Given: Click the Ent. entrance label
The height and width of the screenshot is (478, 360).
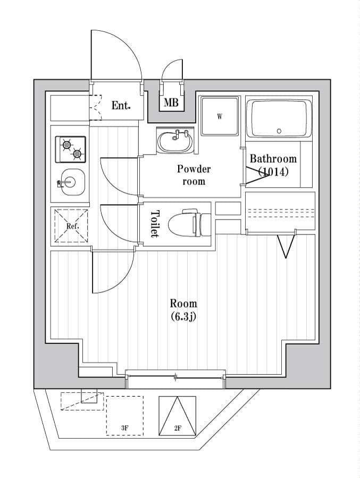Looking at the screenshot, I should (x=121, y=105).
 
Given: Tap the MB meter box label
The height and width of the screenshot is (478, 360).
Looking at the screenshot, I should (x=171, y=103).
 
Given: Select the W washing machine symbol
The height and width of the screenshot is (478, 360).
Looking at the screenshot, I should (x=219, y=116).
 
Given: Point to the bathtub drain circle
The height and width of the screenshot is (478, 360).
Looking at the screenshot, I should (x=279, y=131).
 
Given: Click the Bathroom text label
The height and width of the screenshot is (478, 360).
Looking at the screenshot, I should (x=273, y=158).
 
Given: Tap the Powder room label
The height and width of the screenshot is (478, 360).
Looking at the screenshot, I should (x=194, y=175).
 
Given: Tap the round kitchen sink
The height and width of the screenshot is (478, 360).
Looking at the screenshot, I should (x=70, y=181).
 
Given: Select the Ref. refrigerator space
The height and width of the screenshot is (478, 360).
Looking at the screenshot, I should (x=71, y=225).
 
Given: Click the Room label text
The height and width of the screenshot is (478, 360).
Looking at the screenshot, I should (x=183, y=304).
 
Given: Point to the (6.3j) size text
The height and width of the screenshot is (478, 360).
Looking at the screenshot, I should (x=183, y=317).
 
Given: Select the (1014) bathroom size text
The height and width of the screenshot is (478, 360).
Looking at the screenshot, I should (x=273, y=172).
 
